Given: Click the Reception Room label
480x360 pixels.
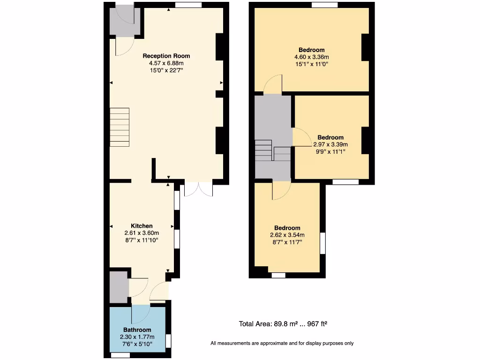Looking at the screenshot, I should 166,56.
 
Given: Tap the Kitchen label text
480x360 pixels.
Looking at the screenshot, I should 142,226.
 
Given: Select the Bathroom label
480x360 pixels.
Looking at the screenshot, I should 137,330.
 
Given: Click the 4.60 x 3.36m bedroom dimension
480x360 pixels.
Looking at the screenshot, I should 312,57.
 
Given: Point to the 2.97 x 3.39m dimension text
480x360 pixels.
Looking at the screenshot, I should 331,144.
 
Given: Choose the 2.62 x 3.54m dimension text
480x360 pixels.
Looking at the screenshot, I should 287,235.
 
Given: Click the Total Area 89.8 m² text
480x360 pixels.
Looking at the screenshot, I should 286,324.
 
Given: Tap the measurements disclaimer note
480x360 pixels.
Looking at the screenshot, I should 282,344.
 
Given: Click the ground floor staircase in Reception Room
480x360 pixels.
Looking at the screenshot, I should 119,127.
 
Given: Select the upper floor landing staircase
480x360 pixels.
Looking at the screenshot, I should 272,151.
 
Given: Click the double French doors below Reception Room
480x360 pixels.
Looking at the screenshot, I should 198,189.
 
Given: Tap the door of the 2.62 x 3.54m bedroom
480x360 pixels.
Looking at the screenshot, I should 282,190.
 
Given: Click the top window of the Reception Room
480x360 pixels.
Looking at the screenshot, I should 188,5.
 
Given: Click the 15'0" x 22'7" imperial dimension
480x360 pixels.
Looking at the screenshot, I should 166,70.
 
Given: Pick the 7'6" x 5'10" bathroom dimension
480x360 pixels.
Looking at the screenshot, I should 137,344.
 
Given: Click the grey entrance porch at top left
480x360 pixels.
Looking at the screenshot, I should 121,22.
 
